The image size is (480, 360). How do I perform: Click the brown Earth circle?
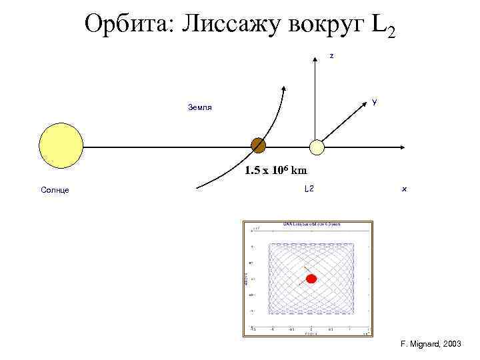pos(258,145)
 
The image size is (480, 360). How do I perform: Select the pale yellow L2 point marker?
pos(317,147)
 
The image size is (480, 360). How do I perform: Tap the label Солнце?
pos(55,190)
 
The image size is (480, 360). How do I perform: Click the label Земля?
pos(200,107)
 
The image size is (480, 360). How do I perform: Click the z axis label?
pos(332,56)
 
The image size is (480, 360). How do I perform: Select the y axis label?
pos(375,103)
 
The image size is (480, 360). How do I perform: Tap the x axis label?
pos(404,189)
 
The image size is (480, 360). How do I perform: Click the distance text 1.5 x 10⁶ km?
pos(275,171)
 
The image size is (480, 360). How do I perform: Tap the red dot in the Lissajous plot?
pos(311,279)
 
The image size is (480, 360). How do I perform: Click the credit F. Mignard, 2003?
pos(430,344)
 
